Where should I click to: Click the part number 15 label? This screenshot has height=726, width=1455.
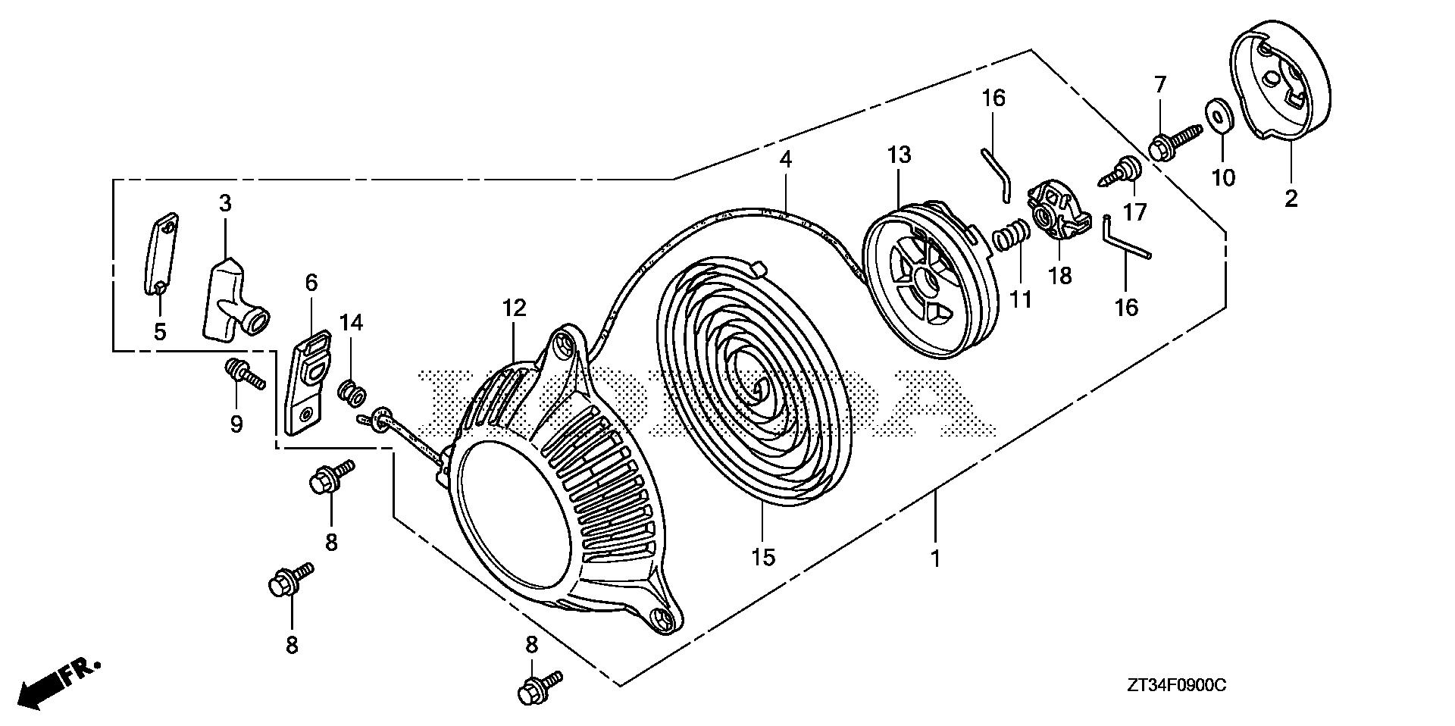click(x=763, y=558)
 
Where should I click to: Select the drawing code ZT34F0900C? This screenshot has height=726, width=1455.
click(x=1175, y=686)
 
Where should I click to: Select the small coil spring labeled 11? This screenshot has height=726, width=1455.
click(x=1009, y=233)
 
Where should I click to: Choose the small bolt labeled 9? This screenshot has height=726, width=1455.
click(x=241, y=373)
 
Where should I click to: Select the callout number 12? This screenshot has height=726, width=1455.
click(x=513, y=308)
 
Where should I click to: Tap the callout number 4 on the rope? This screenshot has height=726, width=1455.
click(x=786, y=160)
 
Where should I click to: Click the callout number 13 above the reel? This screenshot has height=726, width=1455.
click(x=900, y=156)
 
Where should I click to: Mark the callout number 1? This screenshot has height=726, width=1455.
click(x=936, y=559)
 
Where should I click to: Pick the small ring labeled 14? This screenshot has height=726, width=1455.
click(x=352, y=392)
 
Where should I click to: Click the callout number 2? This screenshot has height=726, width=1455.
click(x=1291, y=199)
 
